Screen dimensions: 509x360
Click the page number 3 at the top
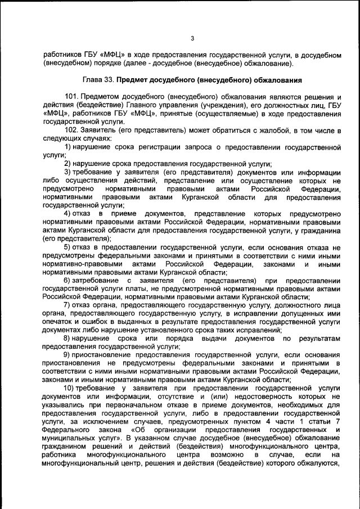(192, 38)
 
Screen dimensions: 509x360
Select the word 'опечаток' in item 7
(57, 322)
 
